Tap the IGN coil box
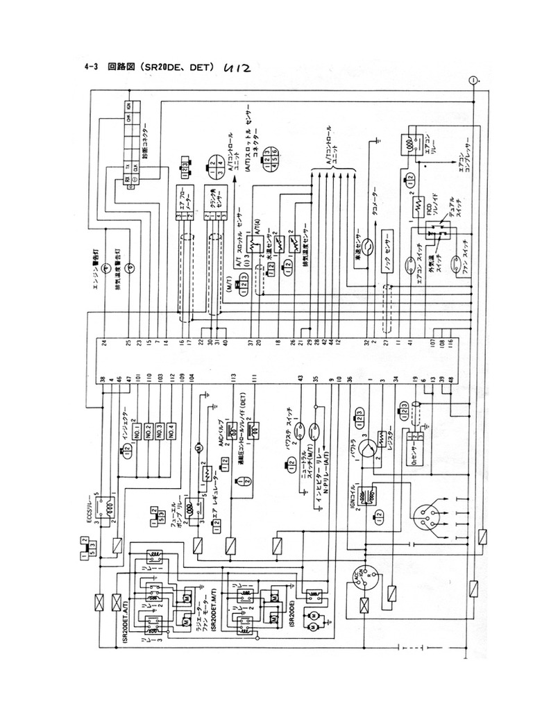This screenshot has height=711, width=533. coord(368,494)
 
